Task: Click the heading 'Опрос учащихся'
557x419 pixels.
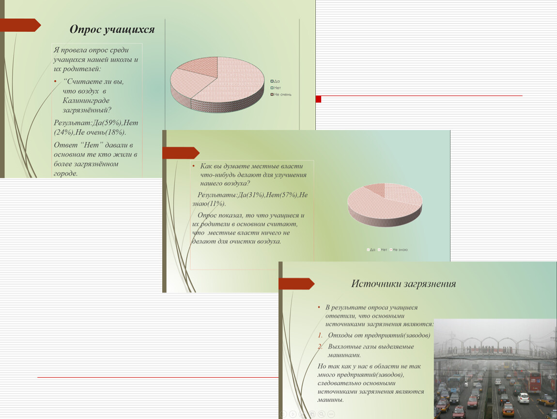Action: (112, 30)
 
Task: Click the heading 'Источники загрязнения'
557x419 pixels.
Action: (403, 284)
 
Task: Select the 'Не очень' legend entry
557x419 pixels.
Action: (282, 94)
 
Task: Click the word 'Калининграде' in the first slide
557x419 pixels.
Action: (86, 100)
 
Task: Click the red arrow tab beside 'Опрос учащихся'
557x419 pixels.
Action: (19, 25)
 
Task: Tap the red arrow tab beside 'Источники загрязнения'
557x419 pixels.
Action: (296, 284)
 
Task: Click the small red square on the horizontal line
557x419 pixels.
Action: (318, 99)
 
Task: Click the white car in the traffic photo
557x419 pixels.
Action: (523, 398)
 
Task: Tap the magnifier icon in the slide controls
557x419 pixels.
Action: (321, 414)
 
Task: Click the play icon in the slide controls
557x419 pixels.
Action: (293, 414)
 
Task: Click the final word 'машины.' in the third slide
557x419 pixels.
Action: (331, 400)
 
